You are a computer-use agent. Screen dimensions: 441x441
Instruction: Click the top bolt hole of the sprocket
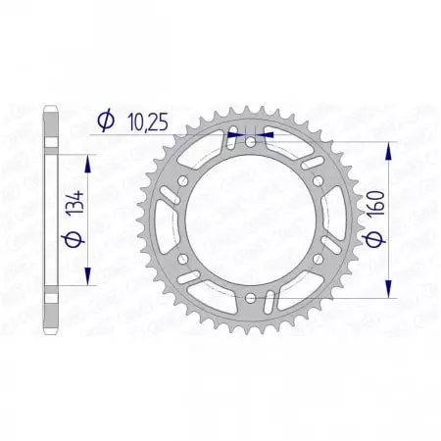tap(251, 142)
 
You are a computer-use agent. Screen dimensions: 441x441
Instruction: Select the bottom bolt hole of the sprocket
tap(251, 296)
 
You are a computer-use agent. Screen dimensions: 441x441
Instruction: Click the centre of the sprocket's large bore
tap(251, 220)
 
